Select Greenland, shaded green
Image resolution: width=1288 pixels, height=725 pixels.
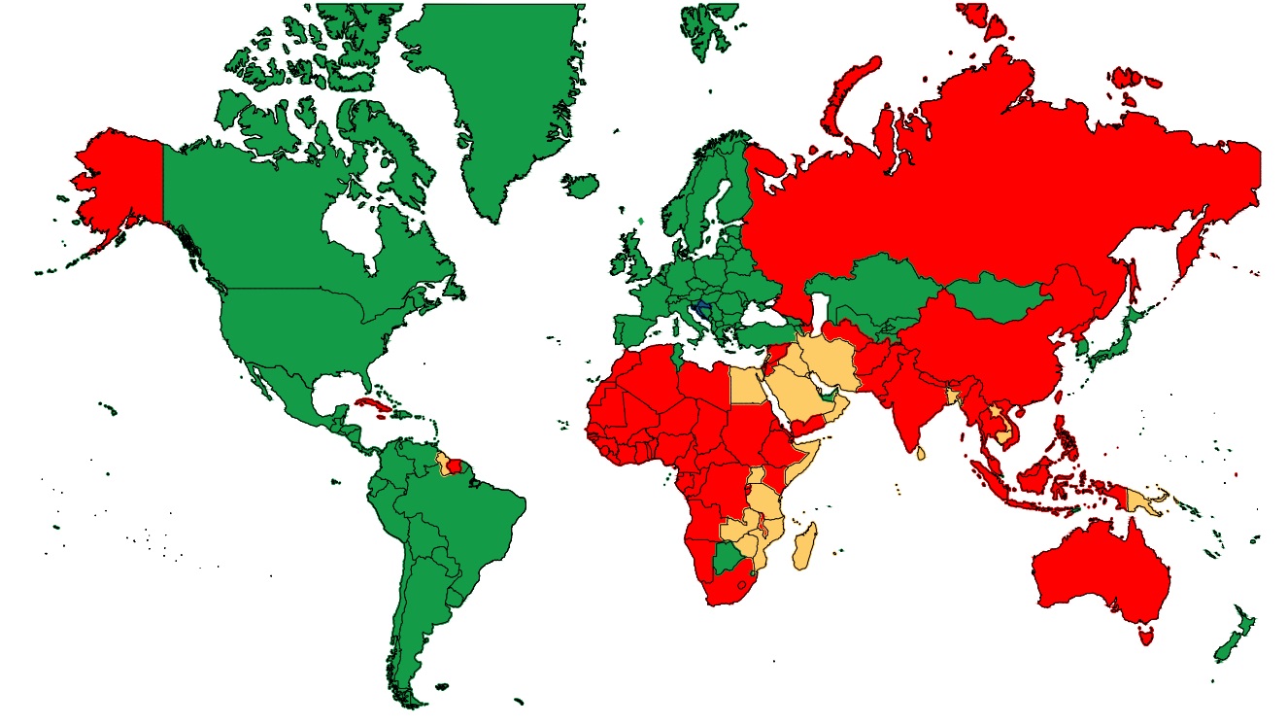tap(495, 97)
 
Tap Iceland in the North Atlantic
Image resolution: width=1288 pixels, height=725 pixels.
tap(582, 185)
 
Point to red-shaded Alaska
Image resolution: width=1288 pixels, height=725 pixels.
tap(121, 185)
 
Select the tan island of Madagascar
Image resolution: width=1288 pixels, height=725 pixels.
tap(803, 547)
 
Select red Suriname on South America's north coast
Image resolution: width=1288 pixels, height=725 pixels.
tap(456, 466)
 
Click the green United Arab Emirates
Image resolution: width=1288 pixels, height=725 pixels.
tap(828, 396)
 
